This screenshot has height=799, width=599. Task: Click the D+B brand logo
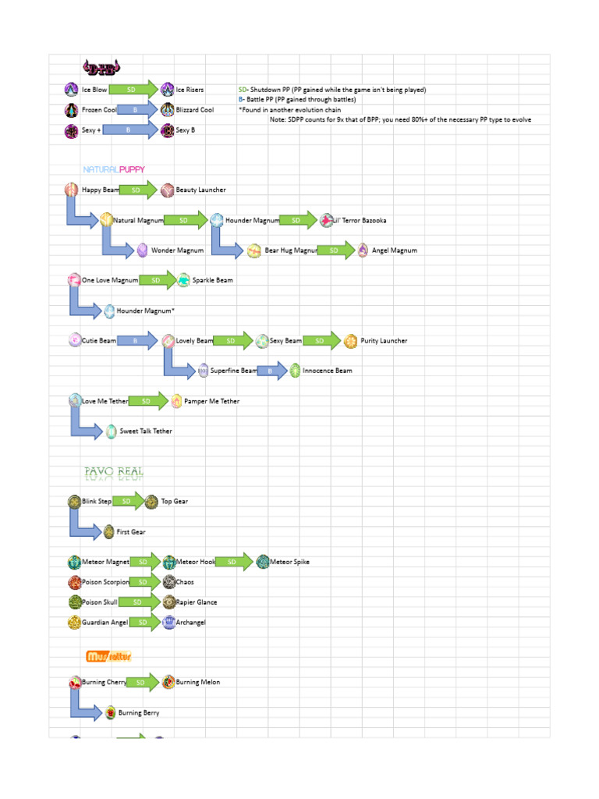point(101,67)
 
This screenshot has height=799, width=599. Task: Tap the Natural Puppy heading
point(114,169)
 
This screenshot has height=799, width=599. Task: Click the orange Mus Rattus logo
point(108,656)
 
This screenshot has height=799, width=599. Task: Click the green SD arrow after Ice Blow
point(137,90)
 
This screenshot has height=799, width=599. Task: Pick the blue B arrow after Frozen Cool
point(137,110)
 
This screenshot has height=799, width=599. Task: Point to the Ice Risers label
point(190,90)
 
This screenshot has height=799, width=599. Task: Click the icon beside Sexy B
point(167,130)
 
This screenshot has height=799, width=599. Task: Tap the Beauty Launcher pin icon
point(167,190)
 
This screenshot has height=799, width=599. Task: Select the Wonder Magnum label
point(177,250)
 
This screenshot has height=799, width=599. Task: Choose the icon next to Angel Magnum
point(363,250)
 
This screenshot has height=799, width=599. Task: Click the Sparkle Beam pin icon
point(183,280)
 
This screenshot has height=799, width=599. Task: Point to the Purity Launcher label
point(384,341)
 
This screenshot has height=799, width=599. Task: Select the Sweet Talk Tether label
point(146,431)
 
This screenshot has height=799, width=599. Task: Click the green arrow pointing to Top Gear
point(129,501)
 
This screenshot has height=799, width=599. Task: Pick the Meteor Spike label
point(289,562)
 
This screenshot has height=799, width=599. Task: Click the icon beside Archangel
point(168,623)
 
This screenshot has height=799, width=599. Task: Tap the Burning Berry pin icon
point(110,712)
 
